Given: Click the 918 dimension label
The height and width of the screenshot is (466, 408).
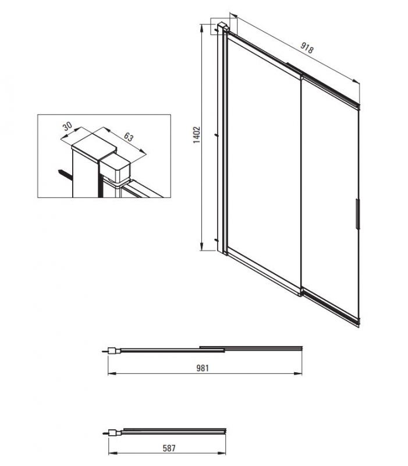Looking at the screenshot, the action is (x=307, y=48).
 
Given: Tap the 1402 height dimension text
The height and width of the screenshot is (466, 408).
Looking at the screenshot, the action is (x=197, y=135).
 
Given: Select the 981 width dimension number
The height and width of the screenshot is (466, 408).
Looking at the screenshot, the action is (x=203, y=368).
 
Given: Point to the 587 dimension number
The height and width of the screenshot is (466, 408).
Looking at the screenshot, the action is (x=169, y=448).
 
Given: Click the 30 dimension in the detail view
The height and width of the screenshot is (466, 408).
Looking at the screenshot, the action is (x=68, y=126).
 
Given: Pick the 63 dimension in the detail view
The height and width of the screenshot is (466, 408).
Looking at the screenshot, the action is (x=128, y=137).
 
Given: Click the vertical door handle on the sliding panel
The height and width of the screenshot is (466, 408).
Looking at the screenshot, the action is (x=357, y=214).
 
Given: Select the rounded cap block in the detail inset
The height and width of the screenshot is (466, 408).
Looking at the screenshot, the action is (x=115, y=170).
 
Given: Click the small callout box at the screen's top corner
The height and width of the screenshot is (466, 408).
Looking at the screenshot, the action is (x=223, y=26).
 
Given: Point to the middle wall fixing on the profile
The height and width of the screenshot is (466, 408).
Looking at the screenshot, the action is (x=217, y=135).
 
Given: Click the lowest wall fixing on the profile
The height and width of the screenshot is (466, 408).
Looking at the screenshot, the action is (x=216, y=239).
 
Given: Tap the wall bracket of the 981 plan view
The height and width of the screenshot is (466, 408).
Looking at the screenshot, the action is (x=113, y=351).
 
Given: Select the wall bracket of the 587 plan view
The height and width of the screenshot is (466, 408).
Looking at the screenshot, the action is (x=113, y=433).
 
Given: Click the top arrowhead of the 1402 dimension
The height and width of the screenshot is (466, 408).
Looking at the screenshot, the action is (x=201, y=27).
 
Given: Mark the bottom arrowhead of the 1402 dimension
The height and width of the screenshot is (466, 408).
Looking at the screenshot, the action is (x=201, y=246).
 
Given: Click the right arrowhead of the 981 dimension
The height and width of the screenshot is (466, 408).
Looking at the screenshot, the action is (x=298, y=373).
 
